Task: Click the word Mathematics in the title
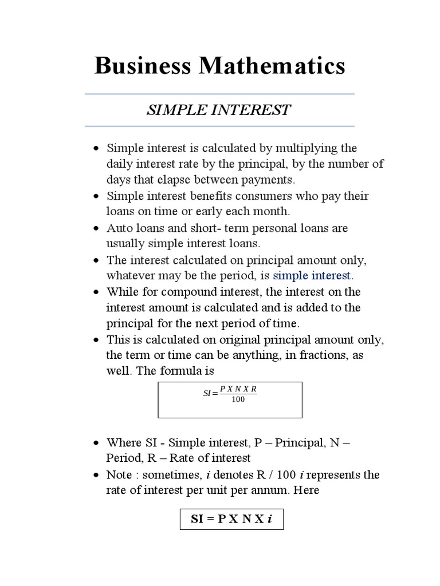point(272,66)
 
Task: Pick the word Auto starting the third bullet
point(119,228)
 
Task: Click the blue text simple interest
point(311,276)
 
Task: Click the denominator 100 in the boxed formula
point(238,399)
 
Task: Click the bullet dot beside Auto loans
point(96,228)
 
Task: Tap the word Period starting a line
point(122,458)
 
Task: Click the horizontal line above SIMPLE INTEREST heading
point(219,94)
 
